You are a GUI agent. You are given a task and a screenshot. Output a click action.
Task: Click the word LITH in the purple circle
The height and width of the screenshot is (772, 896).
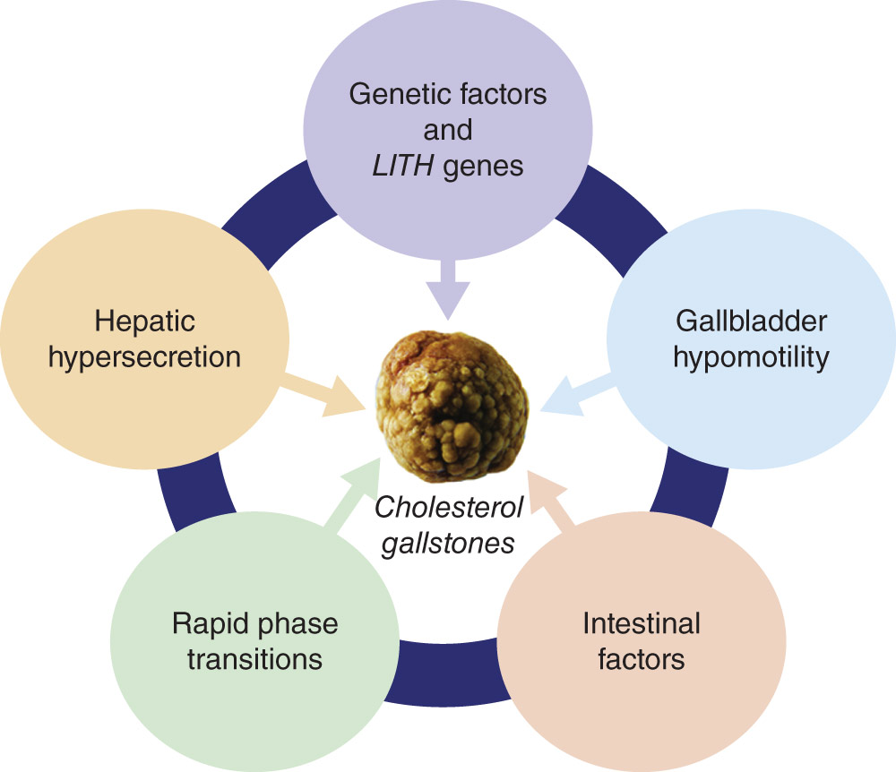[403, 167]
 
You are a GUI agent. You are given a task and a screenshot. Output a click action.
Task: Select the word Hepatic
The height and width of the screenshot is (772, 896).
[144, 322]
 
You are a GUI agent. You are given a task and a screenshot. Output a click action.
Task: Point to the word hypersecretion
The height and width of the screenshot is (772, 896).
[144, 358]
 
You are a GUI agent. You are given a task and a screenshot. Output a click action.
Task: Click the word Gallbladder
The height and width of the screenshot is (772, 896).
[751, 322]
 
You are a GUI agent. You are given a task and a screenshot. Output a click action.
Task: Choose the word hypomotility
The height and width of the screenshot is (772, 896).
[751, 358]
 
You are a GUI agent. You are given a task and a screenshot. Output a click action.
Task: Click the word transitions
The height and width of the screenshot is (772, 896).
[254, 659]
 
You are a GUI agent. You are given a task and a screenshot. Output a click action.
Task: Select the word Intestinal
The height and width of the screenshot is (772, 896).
[642, 623]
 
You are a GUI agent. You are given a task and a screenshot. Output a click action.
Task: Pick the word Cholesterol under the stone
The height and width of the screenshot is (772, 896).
[449, 507]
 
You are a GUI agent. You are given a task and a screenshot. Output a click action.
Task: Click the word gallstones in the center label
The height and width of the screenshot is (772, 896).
[448, 544]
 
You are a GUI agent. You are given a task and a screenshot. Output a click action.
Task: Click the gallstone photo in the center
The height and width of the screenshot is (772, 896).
[452, 407]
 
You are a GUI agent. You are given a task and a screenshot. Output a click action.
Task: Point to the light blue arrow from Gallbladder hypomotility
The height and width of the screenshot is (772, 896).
[578, 395]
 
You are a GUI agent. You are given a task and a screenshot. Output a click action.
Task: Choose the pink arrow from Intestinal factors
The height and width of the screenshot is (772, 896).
[550, 498]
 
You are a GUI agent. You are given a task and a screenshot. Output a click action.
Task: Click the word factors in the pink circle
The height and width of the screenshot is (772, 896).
[642, 659]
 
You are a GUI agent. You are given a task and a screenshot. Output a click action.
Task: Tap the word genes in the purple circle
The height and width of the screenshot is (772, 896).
[483, 167]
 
